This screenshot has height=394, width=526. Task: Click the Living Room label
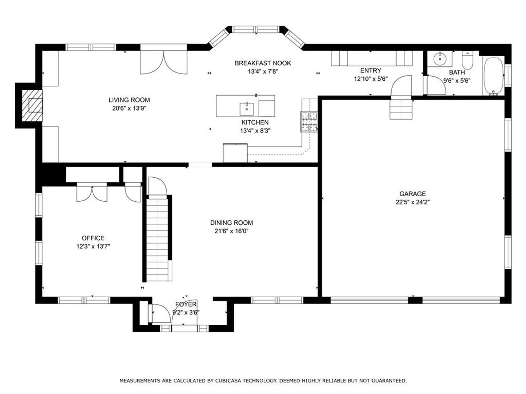129,100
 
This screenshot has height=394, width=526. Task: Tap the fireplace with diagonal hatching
33,105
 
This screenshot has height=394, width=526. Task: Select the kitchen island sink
247,109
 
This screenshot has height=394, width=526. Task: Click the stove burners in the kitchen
309,122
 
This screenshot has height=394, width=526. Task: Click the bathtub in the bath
493,76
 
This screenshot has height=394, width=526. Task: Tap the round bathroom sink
440,58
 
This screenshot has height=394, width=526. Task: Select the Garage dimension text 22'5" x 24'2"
412,202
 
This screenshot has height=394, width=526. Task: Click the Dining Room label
232,223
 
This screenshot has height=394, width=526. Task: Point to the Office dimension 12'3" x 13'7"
93,246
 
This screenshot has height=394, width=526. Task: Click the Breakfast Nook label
263,63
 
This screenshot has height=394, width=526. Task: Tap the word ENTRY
370,70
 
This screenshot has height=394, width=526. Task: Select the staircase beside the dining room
157,238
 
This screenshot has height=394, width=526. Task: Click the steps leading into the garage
401,109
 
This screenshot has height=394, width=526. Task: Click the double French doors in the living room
163,62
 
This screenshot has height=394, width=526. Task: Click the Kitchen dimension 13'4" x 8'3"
255,131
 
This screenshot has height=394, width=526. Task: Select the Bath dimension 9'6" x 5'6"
457,81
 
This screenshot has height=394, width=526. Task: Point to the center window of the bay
256,30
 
